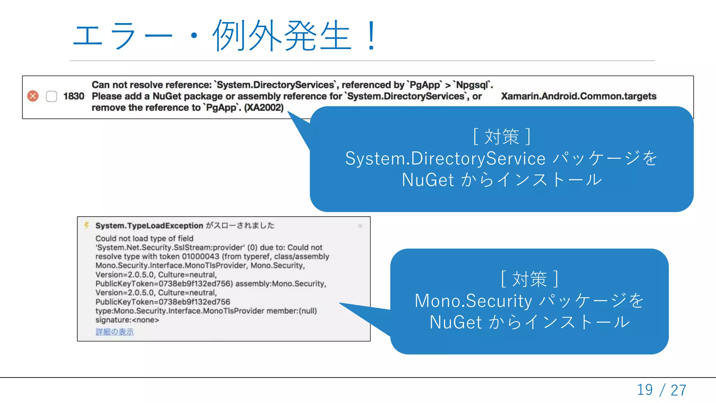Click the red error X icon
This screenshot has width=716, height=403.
point(33,96)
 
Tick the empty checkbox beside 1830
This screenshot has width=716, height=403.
point(51,96)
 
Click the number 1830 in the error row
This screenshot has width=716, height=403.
point(74,96)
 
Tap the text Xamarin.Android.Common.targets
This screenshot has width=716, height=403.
point(579,96)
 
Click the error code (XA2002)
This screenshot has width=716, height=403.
point(264,107)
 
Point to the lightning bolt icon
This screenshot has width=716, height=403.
point(86,225)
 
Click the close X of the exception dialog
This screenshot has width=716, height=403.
point(360,226)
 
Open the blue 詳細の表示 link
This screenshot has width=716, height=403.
point(115,332)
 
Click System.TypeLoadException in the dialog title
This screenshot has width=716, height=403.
point(149,226)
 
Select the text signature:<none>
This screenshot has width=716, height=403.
point(127,320)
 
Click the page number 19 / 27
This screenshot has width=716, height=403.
point(661,390)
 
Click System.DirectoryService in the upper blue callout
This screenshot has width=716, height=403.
point(445,158)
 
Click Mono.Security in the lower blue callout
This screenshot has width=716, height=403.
point(473,301)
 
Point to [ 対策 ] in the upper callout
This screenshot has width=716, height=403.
point(502,136)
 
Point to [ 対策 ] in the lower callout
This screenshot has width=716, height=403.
point(529,279)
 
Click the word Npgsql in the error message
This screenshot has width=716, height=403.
point(472,85)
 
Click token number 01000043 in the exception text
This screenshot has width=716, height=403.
point(200,256)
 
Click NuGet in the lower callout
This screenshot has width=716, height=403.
point(456,322)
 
